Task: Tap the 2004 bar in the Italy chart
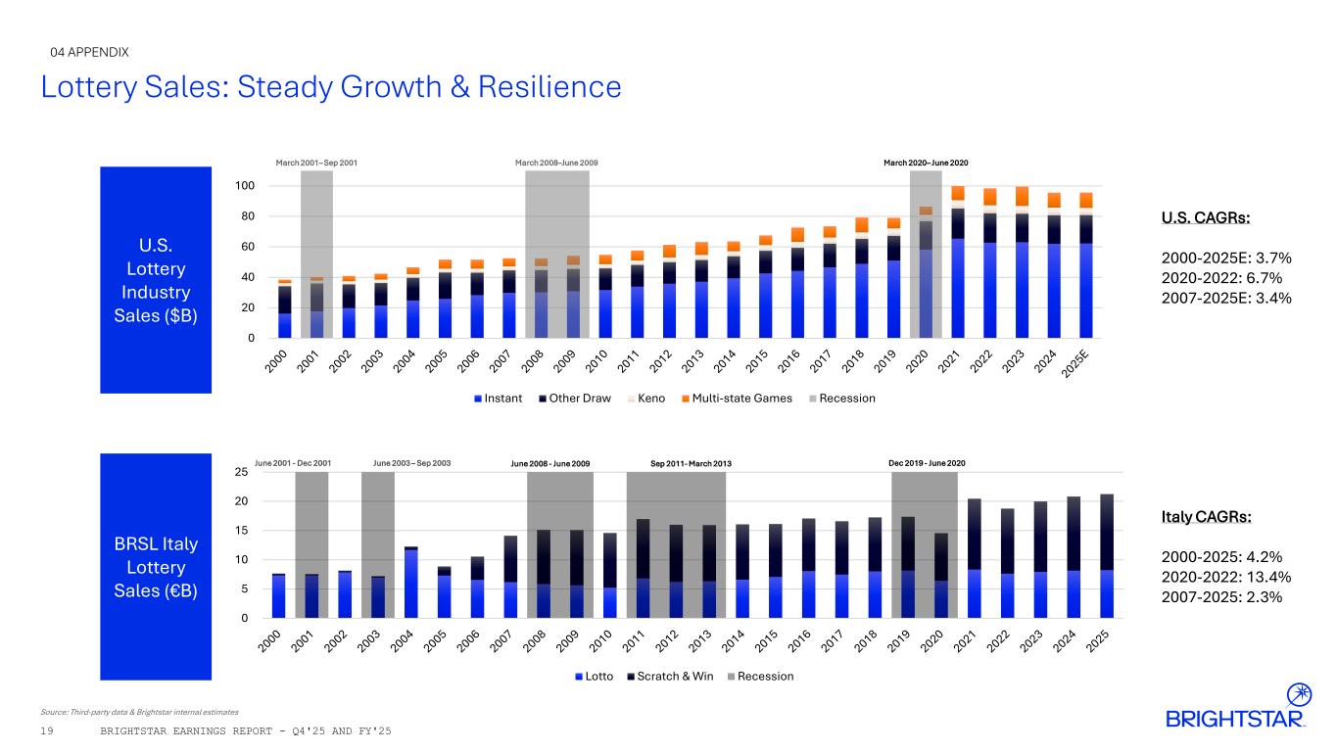point(411,583)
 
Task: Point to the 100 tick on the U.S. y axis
point(244,186)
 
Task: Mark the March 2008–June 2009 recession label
point(556,162)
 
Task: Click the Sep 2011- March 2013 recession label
point(691,463)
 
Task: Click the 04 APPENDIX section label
point(89,52)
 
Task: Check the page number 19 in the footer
point(47,732)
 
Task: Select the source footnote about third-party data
point(140,711)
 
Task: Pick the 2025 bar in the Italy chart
point(1106,556)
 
